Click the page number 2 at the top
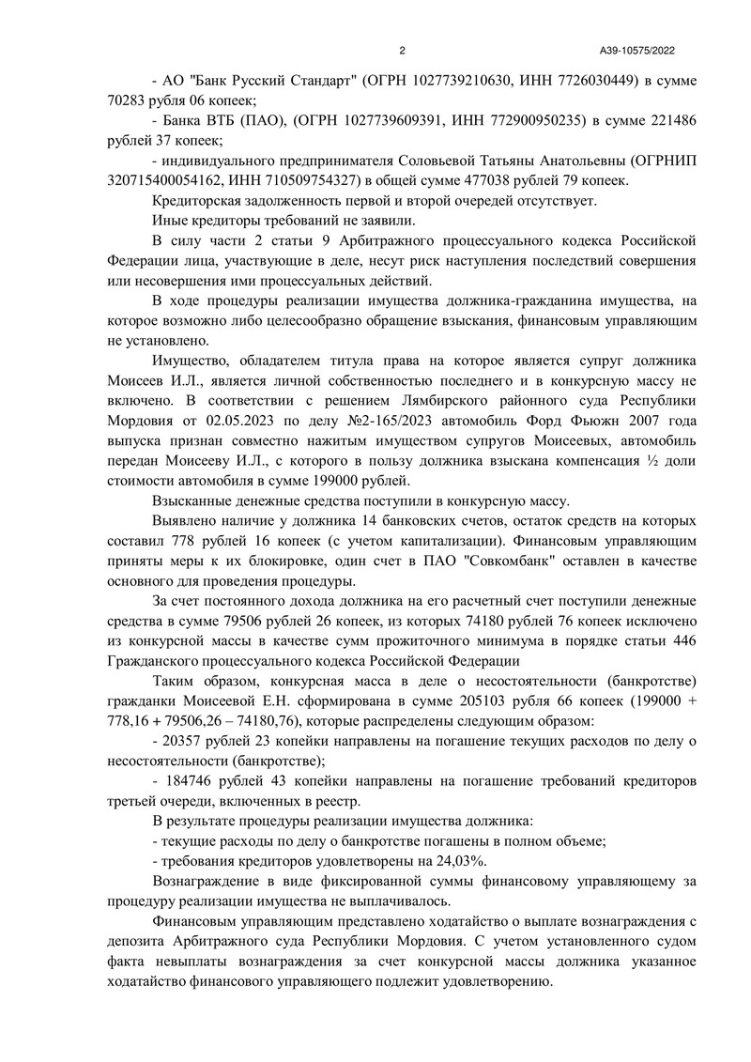402,51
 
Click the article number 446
682,640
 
